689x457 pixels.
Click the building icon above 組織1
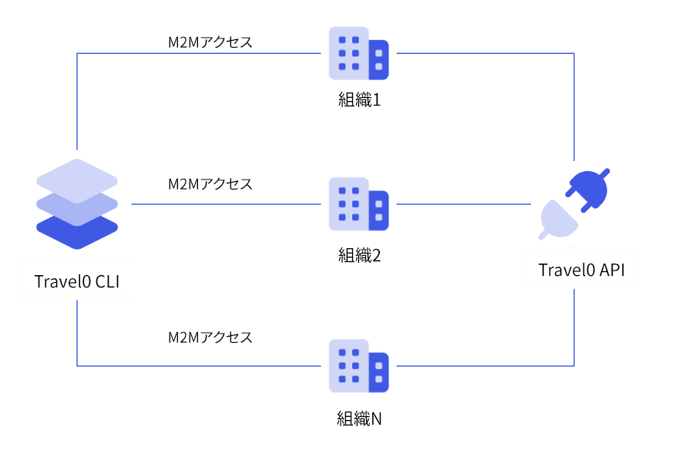click(x=358, y=53)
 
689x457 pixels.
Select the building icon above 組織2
click(x=358, y=204)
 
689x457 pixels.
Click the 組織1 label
click(x=359, y=100)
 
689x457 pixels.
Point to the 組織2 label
click(x=359, y=255)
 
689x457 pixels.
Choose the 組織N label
click(x=359, y=419)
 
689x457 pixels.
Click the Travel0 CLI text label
click(x=77, y=282)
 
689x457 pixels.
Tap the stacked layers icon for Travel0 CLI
click(x=77, y=203)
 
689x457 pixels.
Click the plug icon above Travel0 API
click(x=575, y=204)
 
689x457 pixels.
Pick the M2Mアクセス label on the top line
click(x=210, y=43)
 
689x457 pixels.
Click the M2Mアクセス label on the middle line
click(x=210, y=185)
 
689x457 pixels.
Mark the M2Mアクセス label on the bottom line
click(x=210, y=338)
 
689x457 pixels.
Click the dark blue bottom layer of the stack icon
click(x=77, y=231)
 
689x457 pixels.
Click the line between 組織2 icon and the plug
click(x=462, y=204)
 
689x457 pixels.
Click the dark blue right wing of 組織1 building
click(x=378, y=60)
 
